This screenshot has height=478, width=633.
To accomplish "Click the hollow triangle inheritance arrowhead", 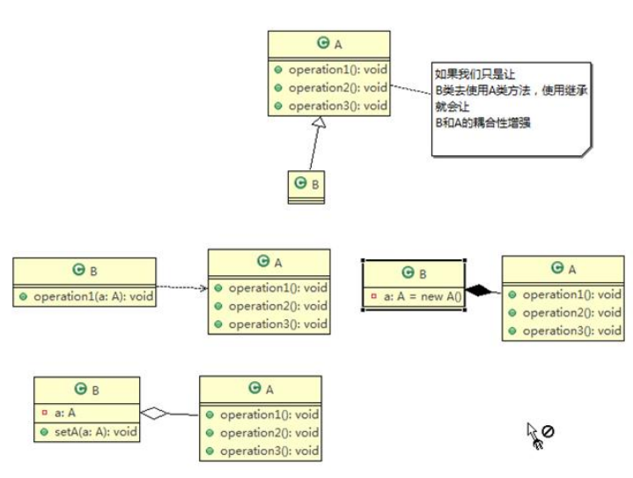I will pos(315,124).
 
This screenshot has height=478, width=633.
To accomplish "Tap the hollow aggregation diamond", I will pos(154,412).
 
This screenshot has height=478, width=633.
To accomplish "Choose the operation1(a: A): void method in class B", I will pos(92,296).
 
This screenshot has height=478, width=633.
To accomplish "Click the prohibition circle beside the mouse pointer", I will pos(548,431).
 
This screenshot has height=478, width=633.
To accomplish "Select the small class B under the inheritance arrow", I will pos(305,184).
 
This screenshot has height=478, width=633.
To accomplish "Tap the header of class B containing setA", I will pos(86,389).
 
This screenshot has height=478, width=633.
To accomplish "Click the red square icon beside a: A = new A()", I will pos(374,296).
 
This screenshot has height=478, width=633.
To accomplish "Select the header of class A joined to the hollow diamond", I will pos(260,388).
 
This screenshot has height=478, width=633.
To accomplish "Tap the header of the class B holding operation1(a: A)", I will pos(85,270).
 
